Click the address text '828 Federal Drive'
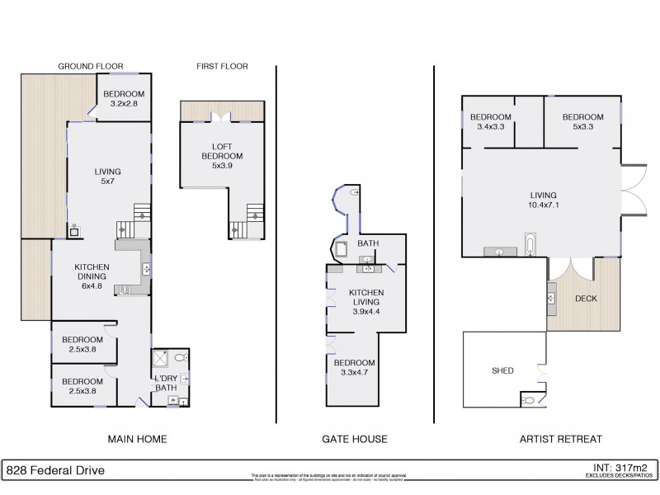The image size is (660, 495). coord(55,471)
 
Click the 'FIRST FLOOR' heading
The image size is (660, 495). coord(222,66)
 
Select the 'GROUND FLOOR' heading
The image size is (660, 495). coord(92,66)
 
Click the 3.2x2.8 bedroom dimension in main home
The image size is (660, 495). coord(124,105)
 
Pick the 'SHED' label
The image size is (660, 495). coord(502,370)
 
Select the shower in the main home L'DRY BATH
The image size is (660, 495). coord(163,360)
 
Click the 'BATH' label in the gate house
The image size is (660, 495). coord(367,243)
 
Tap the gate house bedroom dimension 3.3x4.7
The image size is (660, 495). coord(354,373)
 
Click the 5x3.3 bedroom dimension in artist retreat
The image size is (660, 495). coord(583,127)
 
